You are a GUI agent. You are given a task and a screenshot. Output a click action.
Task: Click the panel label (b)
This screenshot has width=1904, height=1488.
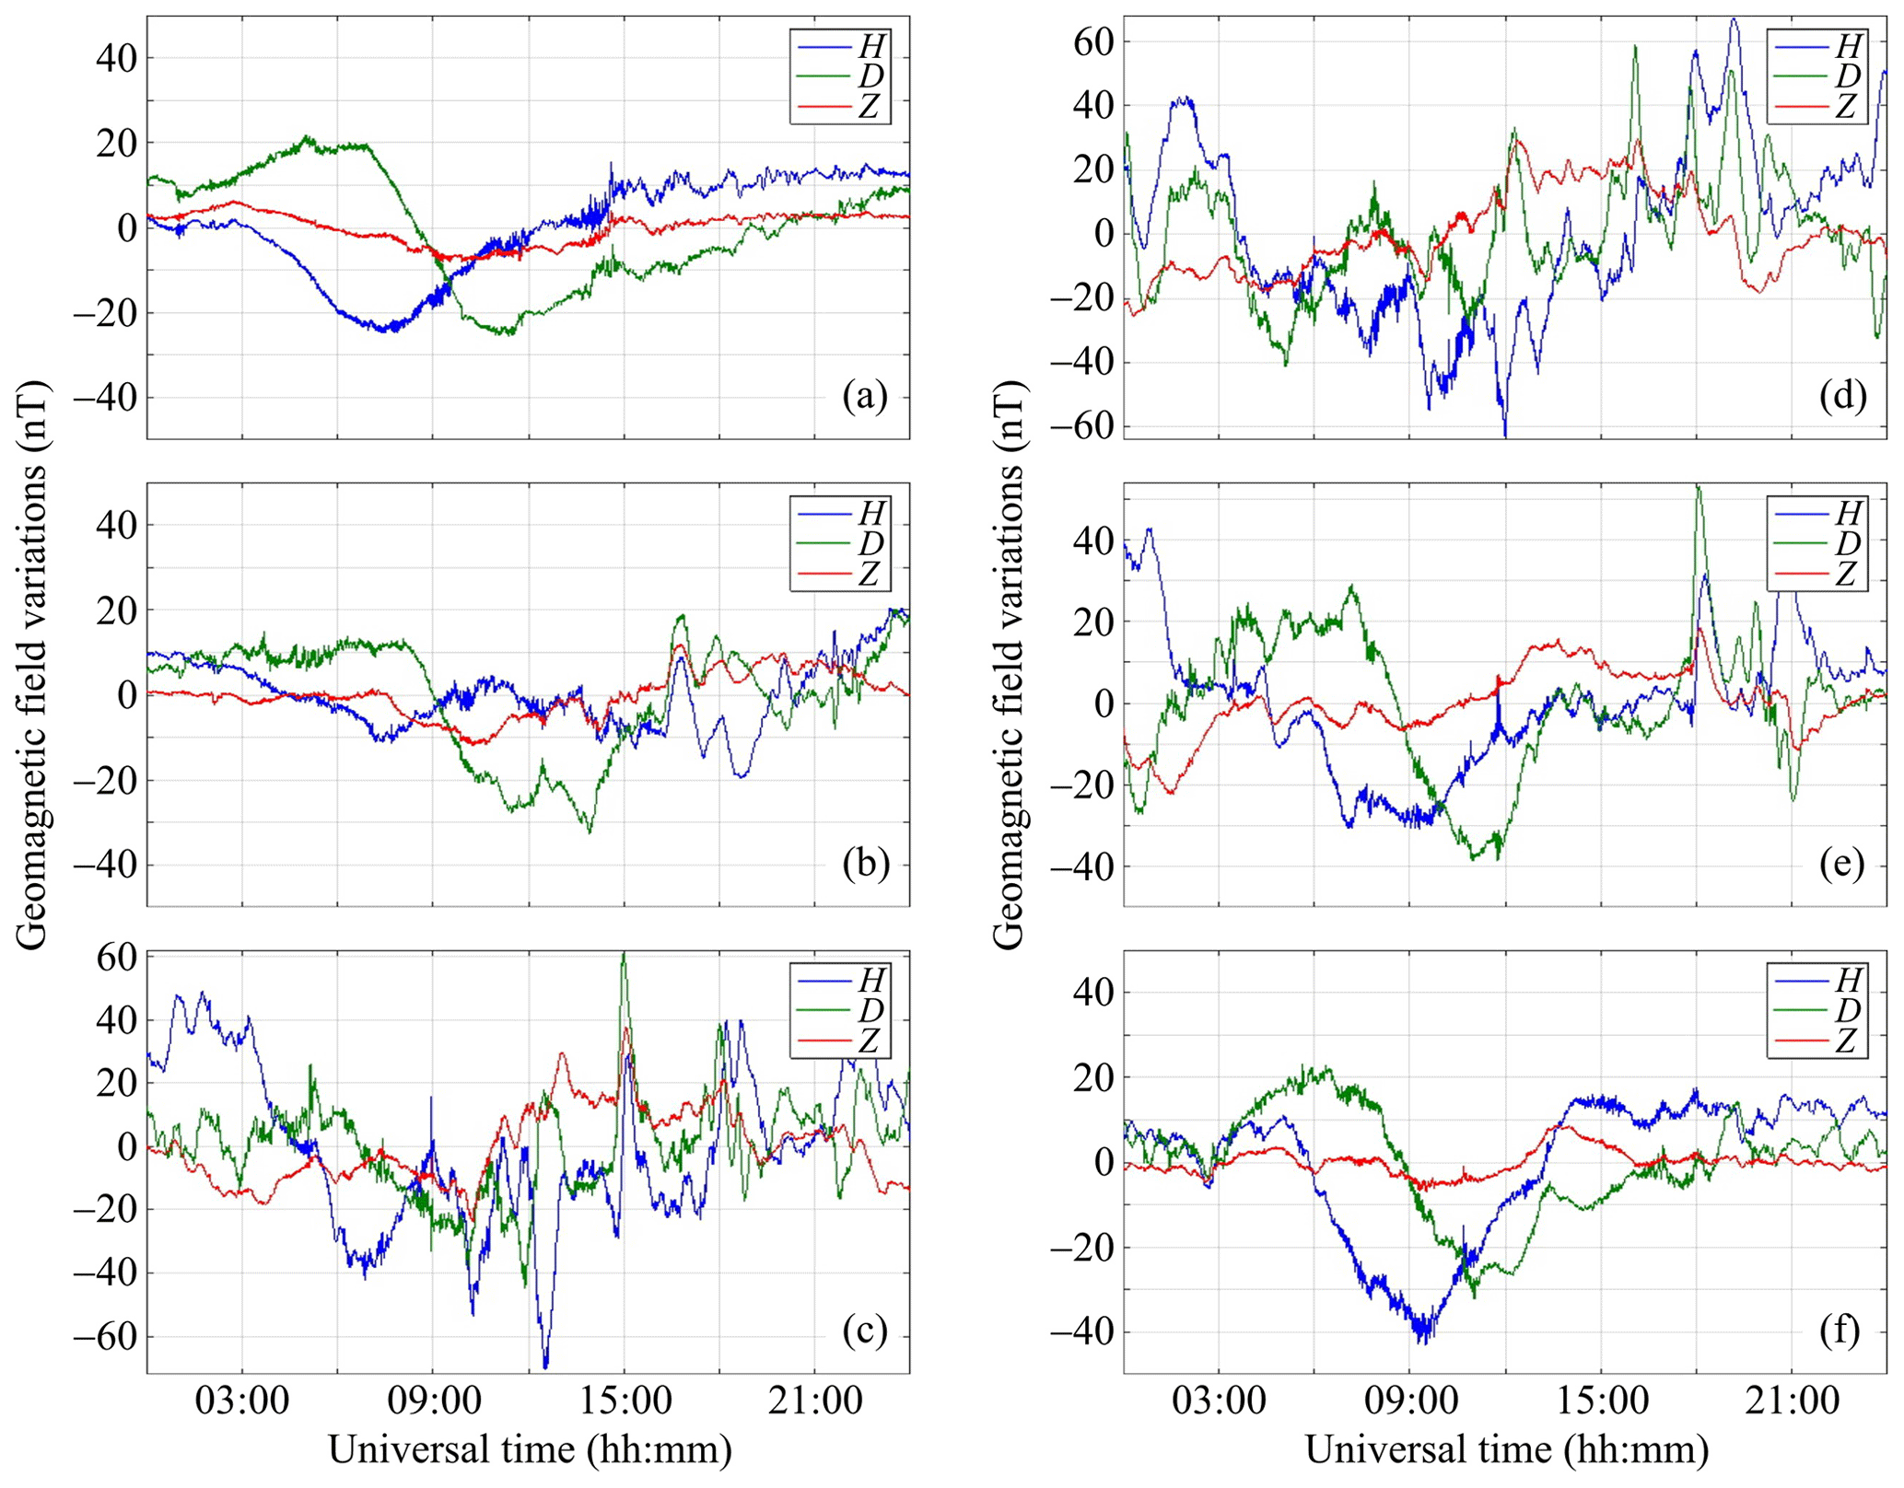[865, 864]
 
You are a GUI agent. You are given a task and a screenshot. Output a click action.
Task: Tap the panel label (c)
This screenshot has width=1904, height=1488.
[865, 1331]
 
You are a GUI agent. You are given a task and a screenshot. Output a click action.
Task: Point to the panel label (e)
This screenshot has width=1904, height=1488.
[1842, 864]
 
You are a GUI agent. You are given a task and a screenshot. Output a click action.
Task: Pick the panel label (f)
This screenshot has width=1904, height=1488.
[1842, 1331]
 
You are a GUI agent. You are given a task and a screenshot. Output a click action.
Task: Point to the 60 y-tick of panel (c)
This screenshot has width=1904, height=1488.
[117, 957]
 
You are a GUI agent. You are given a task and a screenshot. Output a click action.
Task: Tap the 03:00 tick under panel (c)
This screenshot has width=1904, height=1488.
[242, 1401]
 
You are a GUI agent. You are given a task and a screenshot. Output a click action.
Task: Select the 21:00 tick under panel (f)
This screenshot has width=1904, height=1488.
[1792, 1401]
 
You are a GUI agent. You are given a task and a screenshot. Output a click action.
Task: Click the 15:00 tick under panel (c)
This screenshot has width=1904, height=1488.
[624, 1401]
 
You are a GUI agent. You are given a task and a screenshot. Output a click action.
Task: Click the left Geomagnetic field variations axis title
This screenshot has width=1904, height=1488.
[32, 669]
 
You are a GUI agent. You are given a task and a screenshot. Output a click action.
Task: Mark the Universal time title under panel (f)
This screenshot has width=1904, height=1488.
[1507, 1449]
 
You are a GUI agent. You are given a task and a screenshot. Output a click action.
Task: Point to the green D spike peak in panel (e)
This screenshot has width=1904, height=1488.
[1698, 488]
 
